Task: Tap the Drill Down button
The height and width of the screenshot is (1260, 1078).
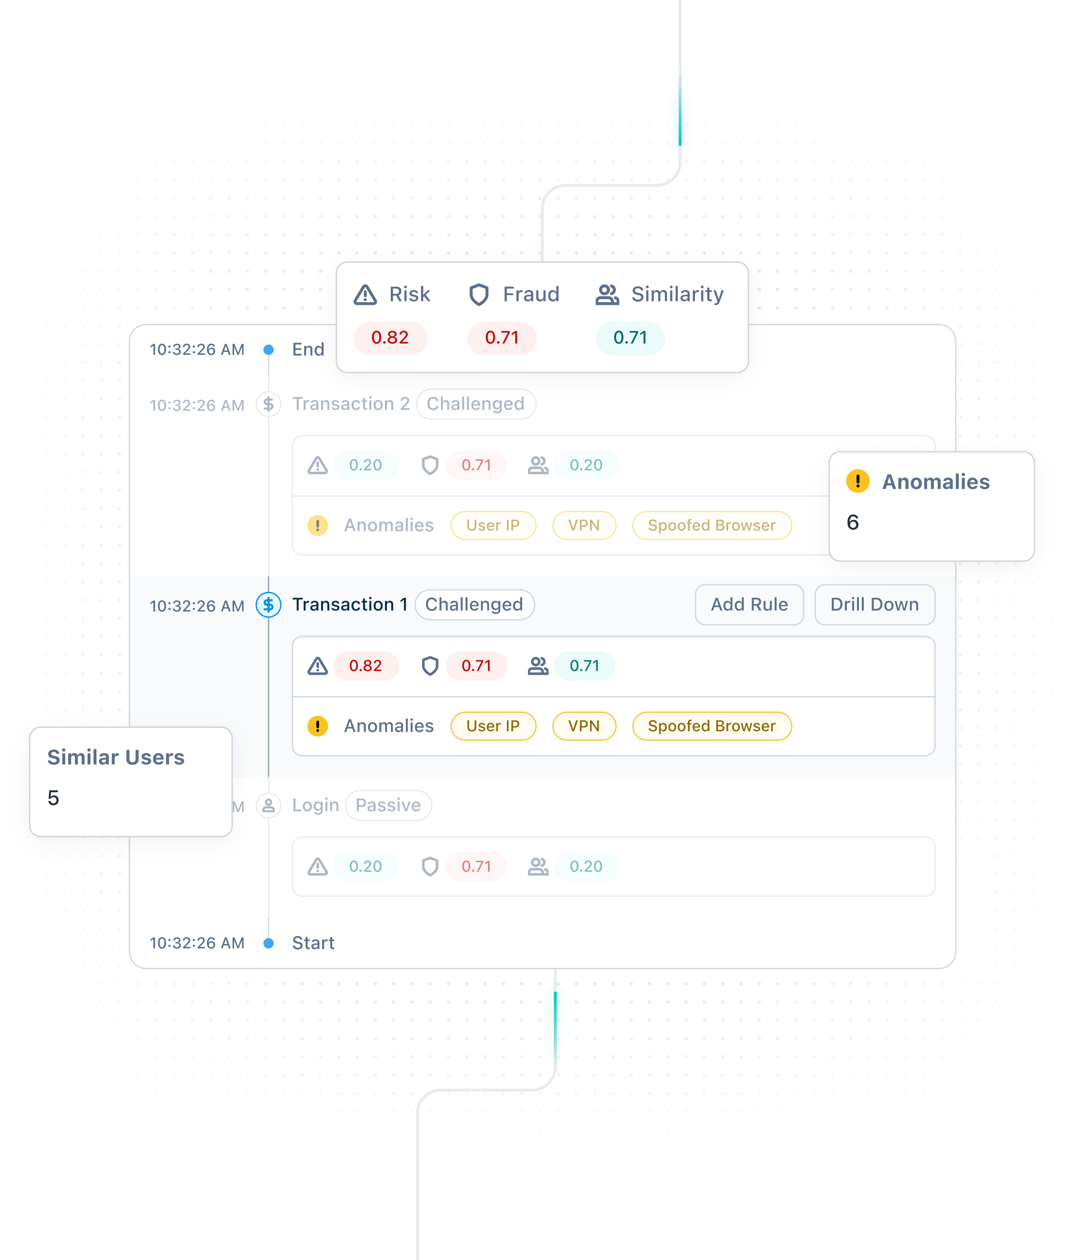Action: pyautogui.click(x=874, y=605)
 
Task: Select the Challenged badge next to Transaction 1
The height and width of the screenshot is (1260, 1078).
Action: pyautogui.click(x=474, y=605)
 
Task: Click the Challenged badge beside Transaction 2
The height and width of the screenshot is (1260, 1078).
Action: pyautogui.click(x=476, y=404)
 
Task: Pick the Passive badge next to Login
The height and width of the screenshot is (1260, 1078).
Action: pyautogui.click(x=388, y=805)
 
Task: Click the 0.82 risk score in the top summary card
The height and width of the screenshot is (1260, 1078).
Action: pyautogui.click(x=390, y=337)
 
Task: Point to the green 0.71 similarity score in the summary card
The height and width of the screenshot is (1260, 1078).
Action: pyautogui.click(x=630, y=337)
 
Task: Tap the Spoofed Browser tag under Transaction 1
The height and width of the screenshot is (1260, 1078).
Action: pyautogui.click(x=712, y=726)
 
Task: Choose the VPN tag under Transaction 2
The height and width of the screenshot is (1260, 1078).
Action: pyautogui.click(x=584, y=525)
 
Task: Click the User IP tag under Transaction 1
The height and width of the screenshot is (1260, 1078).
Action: pyautogui.click(x=493, y=726)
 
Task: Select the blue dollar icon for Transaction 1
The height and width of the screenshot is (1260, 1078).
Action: pyautogui.click(x=268, y=605)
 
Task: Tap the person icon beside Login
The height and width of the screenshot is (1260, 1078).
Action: pyautogui.click(x=268, y=805)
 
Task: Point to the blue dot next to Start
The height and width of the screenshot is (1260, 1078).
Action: pyautogui.click(x=268, y=943)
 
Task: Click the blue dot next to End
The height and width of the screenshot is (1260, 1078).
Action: pyautogui.click(x=268, y=349)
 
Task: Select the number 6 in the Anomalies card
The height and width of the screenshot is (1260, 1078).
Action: pyautogui.click(x=853, y=522)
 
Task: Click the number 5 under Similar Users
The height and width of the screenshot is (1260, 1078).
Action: pyautogui.click(x=54, y=798)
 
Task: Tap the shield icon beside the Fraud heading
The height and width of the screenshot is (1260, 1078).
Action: pyautogui.click(x=479, y=295)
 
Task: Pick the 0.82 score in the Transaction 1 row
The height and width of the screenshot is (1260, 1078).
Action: pyautogui.click(x=366, y=666)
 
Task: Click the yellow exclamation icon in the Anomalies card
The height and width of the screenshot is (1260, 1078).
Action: pyautogui.click(x=858, y=481)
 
